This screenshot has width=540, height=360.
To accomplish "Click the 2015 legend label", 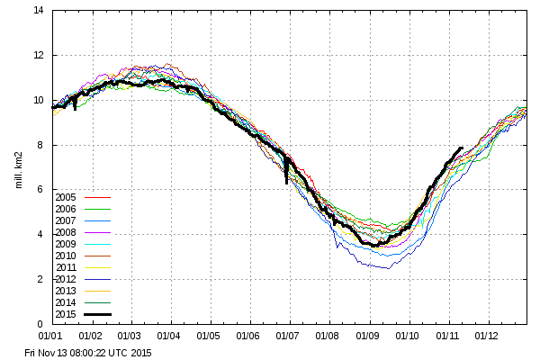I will pyautogui.click(x=65, y=314).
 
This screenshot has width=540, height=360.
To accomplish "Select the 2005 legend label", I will pyautogui.click(x=65, y=197).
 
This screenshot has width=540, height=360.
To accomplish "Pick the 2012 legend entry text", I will pyautogui.click(x=65, y=279).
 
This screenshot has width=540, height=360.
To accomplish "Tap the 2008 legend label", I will pyautogui.click(x=65, y=232).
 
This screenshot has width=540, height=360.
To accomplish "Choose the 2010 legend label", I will pyautogui.click(x=65, y=256).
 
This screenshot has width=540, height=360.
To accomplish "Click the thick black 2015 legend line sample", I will pyautogui.click(x=96, y=314).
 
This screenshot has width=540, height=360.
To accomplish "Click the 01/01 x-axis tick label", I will pyautogui.click(x=52, y=336).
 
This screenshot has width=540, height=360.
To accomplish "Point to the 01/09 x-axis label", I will pyautogui.click(x=369, y=336).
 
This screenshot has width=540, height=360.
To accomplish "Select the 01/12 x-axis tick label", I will pyautogui.click(x=487, y=336).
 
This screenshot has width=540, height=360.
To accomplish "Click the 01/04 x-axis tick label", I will pyautogui.click(x=171, y=336).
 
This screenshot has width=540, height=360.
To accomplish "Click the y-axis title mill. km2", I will pyautogui.click(x=19, y=167).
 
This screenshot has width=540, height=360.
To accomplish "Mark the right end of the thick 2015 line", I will pyautogui.click(x=463, y=148).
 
